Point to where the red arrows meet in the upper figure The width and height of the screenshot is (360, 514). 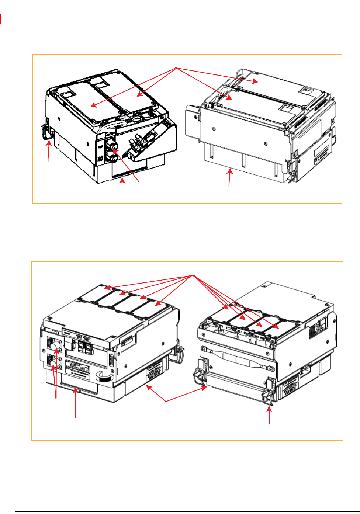click(x=176, y=68)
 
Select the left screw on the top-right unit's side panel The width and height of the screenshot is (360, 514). click(x=214, y=129)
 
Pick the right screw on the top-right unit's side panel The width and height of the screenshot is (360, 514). click(x=266, y=143)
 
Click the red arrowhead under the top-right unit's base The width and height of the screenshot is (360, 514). click(x=231, y=171)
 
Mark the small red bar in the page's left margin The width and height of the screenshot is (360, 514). click(x=1, y=19)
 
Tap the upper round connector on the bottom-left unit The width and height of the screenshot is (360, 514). click(x=55, y=347)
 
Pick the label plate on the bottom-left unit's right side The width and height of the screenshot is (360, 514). click(x=154, y=373)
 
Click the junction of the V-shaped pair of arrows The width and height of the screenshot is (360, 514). click(x=166, y=401)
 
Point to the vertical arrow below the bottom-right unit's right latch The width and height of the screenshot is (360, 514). click(x=270, y=414)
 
